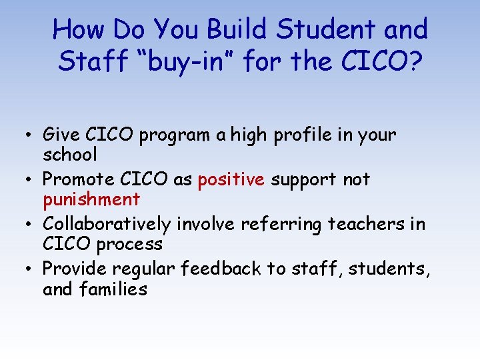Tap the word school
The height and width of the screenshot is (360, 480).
(x=70, y=155)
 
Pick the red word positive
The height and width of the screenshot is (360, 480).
(x=231, y=180)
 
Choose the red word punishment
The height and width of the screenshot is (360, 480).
(x=91, y=199)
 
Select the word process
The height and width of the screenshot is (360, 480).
(x=129, y=244)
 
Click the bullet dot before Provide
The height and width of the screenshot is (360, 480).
(x=32, y=269)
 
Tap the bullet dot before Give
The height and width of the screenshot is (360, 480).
(x=32, y=135)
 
